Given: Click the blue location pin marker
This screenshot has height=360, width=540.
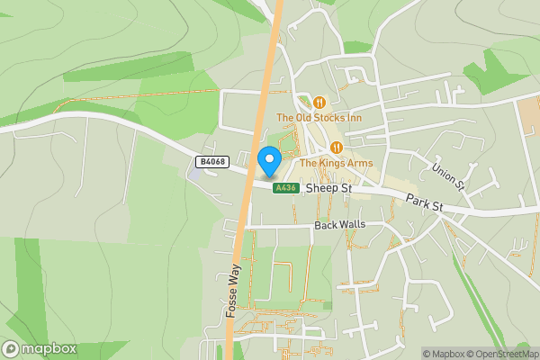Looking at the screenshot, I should tap(268, 161).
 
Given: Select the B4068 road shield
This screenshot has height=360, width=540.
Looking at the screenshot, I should tap(211, 162).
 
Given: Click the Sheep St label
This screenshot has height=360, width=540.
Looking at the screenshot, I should tap(328, 189).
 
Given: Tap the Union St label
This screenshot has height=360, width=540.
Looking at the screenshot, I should tap(447, 176).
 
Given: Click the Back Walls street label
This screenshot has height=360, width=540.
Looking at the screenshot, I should tap(338, 225).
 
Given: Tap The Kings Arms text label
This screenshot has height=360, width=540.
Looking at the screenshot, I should tap(337, 163).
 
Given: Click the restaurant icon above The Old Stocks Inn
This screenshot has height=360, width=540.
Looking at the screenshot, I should tap(319, 103).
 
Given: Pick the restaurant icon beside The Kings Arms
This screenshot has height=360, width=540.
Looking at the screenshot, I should tap(337, 148).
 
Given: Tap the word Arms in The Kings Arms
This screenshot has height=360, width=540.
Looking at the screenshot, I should tap(360, 163).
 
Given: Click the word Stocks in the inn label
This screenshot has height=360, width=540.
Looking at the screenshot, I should tap(331, 118).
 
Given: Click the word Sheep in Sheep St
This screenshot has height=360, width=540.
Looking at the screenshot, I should tap(320, 189).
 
